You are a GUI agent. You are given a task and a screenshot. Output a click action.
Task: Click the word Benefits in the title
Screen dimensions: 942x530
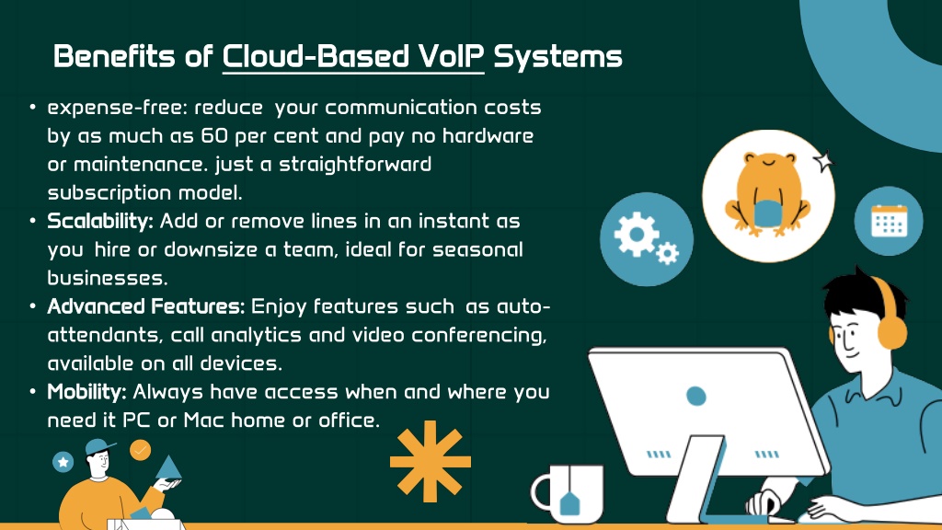[113, 56]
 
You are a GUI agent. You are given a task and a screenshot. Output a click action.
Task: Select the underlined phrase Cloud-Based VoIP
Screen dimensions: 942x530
[353, 56]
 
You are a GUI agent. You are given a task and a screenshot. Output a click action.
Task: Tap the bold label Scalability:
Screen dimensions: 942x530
[100, 222]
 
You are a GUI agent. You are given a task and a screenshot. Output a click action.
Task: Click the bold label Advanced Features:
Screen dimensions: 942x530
[146, 306]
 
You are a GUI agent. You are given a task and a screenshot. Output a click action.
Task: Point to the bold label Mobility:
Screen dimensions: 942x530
[86, 392]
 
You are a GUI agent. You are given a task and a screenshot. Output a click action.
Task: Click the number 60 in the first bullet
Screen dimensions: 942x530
[214, 136]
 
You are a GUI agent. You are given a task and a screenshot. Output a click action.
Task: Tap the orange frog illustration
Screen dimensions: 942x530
[768, 193]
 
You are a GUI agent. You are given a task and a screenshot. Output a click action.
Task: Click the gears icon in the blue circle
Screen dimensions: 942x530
[646, 238]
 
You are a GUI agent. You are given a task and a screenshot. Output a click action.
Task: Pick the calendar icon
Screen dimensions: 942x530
[890, 221]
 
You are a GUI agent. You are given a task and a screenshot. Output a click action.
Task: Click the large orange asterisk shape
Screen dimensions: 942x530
[431, 462]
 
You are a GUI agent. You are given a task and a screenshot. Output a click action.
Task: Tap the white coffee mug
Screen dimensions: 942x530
[567, 493]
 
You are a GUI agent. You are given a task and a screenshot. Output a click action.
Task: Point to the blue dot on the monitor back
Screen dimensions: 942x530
[695, 396]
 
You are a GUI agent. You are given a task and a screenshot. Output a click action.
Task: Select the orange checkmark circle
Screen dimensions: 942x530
[140, 449]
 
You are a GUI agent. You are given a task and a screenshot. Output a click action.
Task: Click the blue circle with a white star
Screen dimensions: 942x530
[63, 462]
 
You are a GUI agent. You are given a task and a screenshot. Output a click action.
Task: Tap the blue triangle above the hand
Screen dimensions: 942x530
[168, 467]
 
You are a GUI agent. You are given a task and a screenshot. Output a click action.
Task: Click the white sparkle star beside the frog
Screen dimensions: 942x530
[823, 160]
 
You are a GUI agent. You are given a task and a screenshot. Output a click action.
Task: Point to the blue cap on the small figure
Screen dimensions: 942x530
[99, 446]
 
